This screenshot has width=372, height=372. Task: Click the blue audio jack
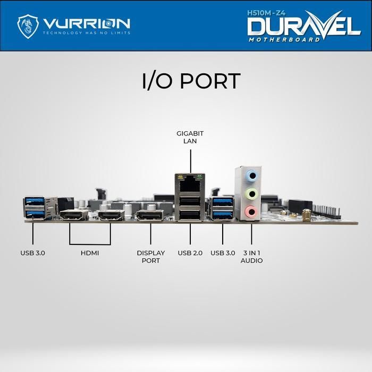[252, 176]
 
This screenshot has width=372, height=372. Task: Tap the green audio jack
[252, 194]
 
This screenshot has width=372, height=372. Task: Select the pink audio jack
[251, 210]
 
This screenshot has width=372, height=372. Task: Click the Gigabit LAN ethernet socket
[190, 184]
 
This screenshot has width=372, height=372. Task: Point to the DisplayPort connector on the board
[150, 215]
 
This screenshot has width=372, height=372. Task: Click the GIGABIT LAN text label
[190, 137]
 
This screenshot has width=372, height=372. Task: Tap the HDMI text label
[90, 253]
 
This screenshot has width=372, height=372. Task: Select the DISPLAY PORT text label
[150, 257]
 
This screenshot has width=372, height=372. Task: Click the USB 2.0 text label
[190, 253]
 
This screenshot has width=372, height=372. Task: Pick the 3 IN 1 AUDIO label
[251, 257]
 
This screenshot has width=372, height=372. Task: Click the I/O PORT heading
[191, 81]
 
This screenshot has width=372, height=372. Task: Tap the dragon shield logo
[28, 27]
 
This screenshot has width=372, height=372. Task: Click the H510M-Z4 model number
[266, 13]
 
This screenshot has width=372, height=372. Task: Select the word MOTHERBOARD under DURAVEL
[284, 40]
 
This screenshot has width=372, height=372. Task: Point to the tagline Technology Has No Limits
[87, 33]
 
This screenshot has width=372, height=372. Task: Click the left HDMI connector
[74, 215]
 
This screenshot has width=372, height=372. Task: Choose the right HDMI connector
[111, 215]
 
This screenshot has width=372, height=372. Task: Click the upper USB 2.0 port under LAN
[190, 201]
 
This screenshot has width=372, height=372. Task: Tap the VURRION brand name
[87, 23]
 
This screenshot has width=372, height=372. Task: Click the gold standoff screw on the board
[307, 215]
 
